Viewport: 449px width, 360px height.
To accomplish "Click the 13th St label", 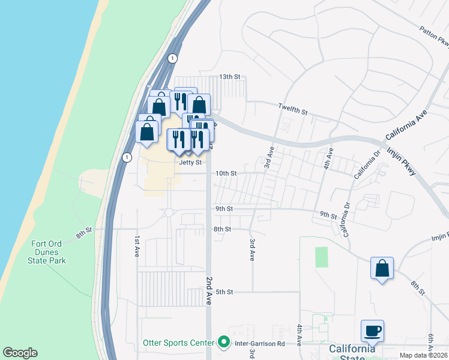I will [229, 77].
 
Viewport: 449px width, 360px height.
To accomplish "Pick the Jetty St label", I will [190, 162].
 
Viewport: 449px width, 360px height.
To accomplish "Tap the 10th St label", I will [226, 173].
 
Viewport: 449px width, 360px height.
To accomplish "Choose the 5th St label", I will [224, 292].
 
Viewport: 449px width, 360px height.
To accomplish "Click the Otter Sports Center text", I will [178, 343].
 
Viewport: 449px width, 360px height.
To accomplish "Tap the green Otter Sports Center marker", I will [224, 343].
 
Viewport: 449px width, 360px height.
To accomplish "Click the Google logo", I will [20, 353].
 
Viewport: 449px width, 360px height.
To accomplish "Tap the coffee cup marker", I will [372, 331].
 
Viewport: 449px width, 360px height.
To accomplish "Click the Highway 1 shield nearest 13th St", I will [173, 58].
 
